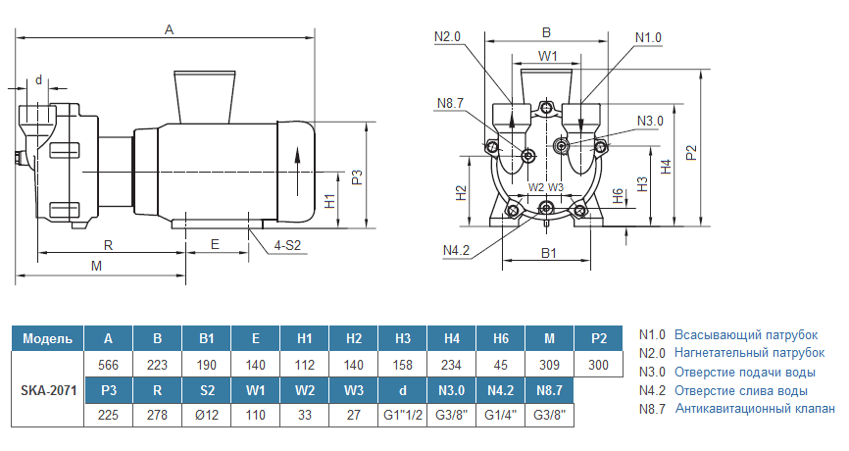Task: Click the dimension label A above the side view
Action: pos(169,30)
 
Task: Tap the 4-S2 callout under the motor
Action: pos(288,244)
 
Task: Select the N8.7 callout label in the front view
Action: pos(450,103)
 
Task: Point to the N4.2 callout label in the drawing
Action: pos(458,251)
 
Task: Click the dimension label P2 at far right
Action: pos(692,153)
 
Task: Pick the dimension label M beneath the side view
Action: pos(96,266)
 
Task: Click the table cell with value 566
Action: pos(108,365)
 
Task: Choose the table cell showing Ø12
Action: pos(206,415)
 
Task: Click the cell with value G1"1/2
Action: pos(402,415)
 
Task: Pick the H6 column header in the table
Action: pos(500,339)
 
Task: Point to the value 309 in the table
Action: pos(549,365)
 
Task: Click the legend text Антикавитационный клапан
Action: pos(755,409)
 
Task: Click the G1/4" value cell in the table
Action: pos(500,415)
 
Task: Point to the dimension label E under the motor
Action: pos(215,244)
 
